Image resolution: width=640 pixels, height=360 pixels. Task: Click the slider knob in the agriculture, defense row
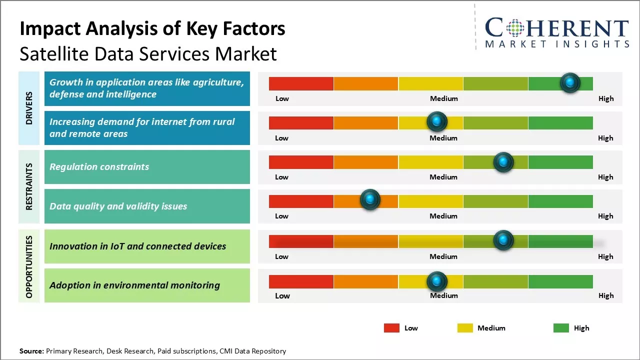570,83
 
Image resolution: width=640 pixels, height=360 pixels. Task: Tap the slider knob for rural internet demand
437,122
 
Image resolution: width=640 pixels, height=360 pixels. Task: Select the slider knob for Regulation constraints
503,162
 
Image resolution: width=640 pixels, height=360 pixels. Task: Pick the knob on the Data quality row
370,200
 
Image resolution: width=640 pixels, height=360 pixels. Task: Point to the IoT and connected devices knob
503,240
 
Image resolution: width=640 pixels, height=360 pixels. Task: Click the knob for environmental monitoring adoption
437,281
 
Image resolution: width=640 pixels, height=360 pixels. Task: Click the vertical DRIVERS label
29,108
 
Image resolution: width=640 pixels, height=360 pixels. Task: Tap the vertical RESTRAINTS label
29,186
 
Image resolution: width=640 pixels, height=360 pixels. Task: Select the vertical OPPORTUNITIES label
29,266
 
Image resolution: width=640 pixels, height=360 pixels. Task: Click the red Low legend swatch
391,328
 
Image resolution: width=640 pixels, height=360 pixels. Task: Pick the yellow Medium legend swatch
465,328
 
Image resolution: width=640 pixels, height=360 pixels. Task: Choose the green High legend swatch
561,328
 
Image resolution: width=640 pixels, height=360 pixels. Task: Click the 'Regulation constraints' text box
147,167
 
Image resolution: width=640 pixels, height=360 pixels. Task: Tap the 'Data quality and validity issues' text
118,206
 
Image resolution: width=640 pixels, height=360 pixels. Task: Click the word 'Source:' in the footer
31,351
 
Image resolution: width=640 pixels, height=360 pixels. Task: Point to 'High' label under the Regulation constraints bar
605,177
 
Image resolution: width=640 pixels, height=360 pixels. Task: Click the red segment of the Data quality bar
301,201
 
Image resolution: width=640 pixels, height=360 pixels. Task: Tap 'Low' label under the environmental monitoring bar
282,295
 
